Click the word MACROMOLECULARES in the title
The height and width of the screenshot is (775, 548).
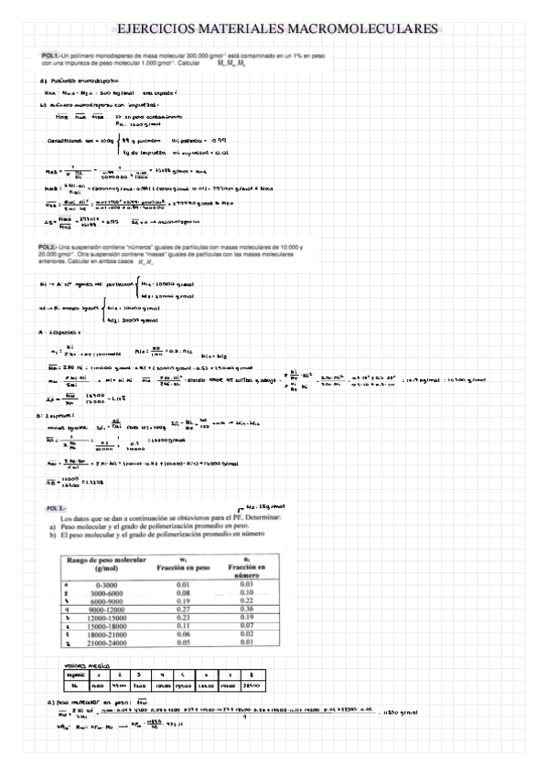click(369, 30)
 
